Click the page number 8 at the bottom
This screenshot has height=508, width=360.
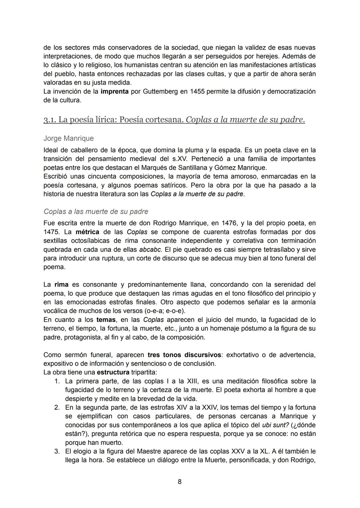click(x=180, y=482)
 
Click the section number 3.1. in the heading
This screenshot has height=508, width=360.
click(x=50, y=120)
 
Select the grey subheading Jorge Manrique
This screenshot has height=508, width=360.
click(x=68, y=138)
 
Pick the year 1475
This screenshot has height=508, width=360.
click(x=51, y=232)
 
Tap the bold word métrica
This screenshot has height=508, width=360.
click(x=87, y=232)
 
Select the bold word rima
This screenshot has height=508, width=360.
click(x=61, y=284)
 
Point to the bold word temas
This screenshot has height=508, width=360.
click(x=106, y=320)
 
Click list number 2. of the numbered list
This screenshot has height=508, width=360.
click(x=57, y=407)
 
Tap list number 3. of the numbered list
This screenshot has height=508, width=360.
click(x=57, y=451)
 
